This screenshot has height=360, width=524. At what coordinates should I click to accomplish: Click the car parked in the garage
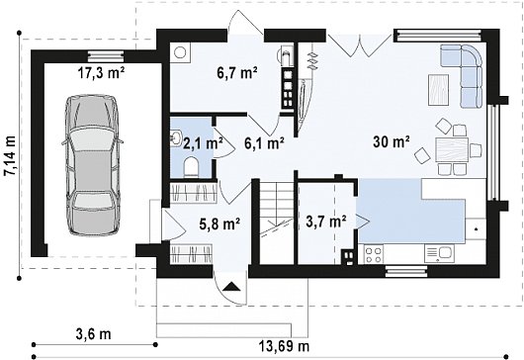[92, 166]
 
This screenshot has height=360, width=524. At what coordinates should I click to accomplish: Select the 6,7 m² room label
[237, 72]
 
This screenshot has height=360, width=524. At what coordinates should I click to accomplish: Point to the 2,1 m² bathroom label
[204, 143]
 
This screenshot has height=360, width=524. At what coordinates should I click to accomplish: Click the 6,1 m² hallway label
[264, 143]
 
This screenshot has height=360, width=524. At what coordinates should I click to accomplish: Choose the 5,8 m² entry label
[219, 224]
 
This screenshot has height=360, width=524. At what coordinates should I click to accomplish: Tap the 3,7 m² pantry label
[326, 221]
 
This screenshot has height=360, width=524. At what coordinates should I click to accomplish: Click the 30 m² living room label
[392, 142]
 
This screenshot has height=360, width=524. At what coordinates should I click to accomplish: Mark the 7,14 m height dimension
[10, 155]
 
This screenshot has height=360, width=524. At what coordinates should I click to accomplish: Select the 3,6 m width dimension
[93, 333]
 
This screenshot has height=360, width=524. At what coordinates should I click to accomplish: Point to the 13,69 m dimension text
[284, 346]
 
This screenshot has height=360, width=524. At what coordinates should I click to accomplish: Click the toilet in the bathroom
[191, 166]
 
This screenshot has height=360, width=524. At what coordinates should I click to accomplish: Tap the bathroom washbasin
[175, 137]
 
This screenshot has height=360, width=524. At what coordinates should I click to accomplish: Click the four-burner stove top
[374, 254]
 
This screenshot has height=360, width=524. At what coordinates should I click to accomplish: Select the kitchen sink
[439, 253]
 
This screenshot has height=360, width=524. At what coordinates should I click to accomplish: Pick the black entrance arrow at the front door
[231, 287]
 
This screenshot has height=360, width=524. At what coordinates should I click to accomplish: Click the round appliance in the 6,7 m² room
[181, 52]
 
